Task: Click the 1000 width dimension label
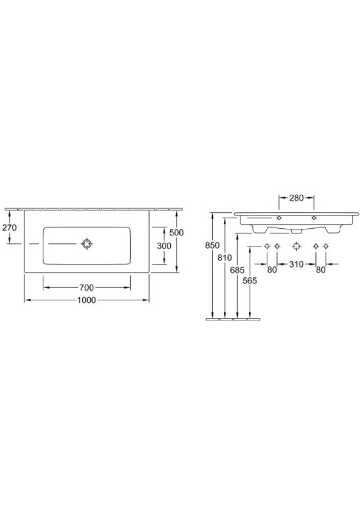tap(86, 300)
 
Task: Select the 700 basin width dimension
tap(86, 287)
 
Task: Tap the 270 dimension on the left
tap(9, 227)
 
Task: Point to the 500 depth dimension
tap(177, 233)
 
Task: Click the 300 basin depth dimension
tap(164, 245)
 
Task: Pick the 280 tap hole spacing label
tap(297, 197)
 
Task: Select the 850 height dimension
tap(212, 245)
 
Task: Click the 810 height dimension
tap(225, 258)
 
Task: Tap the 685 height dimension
tap(237, 270)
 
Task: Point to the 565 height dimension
tap(250, 280)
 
